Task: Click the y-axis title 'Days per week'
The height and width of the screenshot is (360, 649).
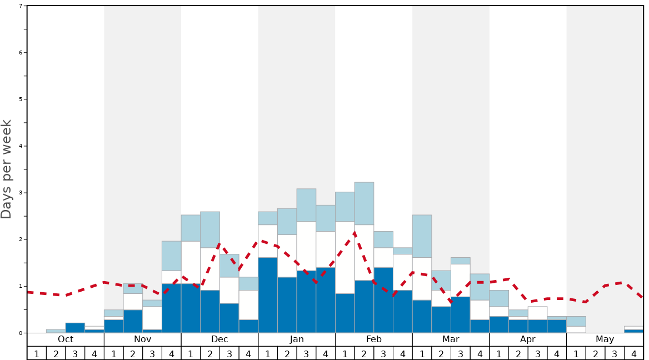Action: point(7,169)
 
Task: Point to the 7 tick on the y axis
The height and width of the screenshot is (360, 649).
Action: point(21,6)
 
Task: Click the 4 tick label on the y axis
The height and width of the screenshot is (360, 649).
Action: point(21,146)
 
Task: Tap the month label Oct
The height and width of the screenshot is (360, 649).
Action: point(66,339)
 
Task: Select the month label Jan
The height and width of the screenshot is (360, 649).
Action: point(297,339)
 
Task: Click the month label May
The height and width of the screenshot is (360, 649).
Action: point(605,339)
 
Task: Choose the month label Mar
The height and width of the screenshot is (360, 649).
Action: point(451,339)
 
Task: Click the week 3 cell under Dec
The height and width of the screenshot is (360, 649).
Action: point(229,353)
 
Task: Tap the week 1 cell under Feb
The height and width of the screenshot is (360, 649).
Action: point(345,353)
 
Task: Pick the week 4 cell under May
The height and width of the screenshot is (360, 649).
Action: point(634,353)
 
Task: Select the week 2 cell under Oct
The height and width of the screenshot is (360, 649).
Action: point(56,353)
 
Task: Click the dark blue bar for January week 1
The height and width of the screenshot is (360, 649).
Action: point(268,295)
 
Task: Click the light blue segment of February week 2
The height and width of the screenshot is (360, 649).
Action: point(364,203)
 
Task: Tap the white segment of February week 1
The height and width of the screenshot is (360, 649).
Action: point(345,257)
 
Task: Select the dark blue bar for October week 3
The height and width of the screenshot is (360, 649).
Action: point(75,328)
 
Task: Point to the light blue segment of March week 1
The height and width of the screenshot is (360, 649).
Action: point(422,236)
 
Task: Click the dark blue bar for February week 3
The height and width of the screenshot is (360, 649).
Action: point(383,300)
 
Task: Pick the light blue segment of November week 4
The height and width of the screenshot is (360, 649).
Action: point(171,256)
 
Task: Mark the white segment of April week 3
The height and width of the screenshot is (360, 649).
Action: point(537,313)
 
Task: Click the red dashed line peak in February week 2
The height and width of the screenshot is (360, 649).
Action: point(355,232)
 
